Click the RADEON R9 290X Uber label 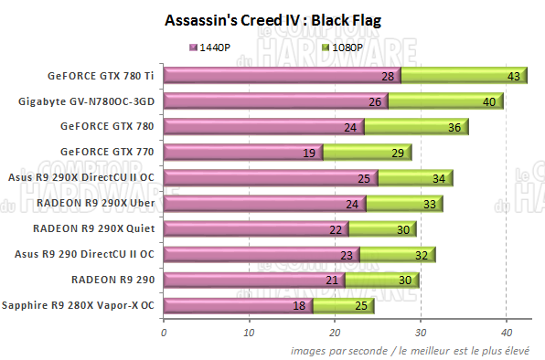point(101,204)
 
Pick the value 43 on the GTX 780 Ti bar point(513,77)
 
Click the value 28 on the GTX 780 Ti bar point(388,77)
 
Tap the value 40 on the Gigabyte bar point(489,102)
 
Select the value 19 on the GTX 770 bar point(309,154)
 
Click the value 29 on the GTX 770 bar point(397,154)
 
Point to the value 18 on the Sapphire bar point(299,306)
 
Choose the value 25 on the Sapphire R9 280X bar point(361,306)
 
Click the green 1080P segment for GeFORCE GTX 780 point(416,127)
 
